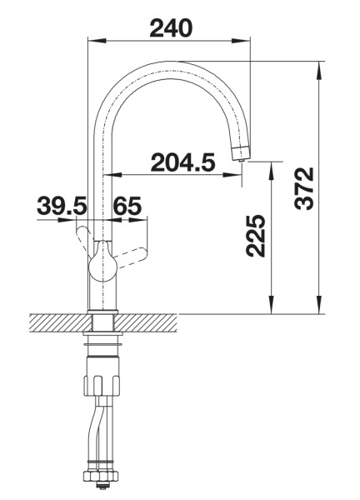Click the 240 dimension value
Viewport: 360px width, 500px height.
coord(171,28)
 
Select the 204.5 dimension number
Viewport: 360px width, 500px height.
coord(182,162)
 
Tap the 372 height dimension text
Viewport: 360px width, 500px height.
coord(304,188)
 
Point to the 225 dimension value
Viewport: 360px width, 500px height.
coord(256,236)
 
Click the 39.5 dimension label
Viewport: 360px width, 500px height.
coord(62,206)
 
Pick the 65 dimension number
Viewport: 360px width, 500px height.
coord(127,206)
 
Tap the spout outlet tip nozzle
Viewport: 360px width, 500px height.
coord(242,155)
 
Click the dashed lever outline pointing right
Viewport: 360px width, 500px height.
coord(132,256)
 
